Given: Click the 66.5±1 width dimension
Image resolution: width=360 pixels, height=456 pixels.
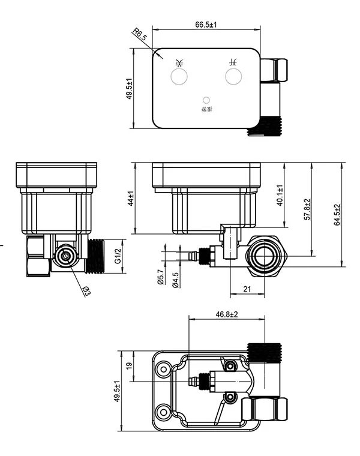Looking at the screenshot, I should click(x=206, y=25).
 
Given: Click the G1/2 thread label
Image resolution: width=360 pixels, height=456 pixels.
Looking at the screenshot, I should click(x=118, y=256).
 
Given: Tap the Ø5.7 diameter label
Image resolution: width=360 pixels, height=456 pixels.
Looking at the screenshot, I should click(x=161, y=278).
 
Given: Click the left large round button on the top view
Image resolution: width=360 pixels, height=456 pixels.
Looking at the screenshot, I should click(x=179, y=76).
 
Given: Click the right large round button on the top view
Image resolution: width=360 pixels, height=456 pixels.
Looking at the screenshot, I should click(x=233, y=76).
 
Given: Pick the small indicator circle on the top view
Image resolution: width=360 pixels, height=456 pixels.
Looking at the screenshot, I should click(x=206, y=100).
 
